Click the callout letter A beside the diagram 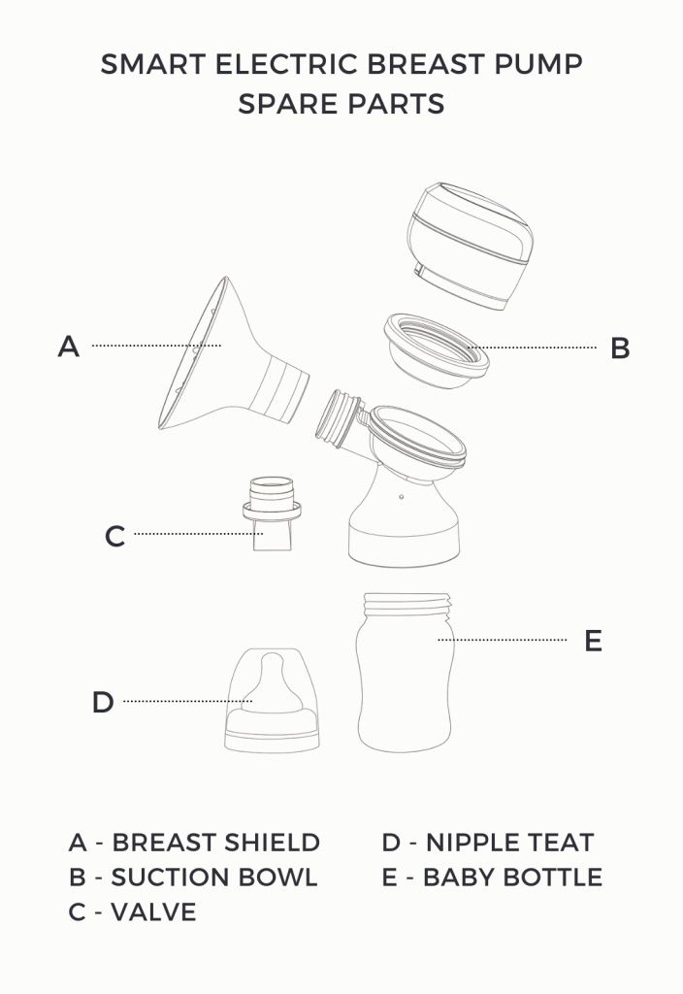68,346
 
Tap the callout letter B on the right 620,348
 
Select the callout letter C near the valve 114,536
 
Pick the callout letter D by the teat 103,702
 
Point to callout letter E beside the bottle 594,641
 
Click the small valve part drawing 271,513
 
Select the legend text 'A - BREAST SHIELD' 194,842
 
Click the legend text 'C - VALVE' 132,911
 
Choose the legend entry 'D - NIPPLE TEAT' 487,842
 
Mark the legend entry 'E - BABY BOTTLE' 492,877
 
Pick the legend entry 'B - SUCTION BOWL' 193,877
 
